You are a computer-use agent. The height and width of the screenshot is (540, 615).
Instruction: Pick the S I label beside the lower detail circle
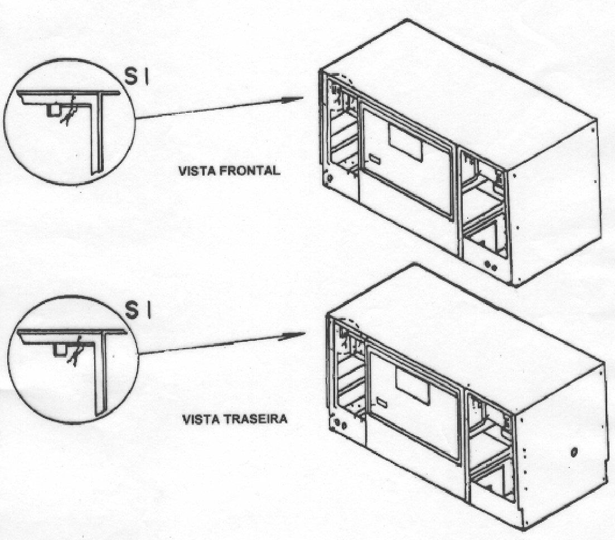click(138, 310)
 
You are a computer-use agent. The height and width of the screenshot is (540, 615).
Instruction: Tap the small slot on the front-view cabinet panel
click(375, 160)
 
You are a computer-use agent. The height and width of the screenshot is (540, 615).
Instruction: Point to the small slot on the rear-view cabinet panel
click(382, 402)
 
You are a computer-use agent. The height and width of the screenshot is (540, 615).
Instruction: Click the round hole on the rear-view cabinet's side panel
click(574, 452)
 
